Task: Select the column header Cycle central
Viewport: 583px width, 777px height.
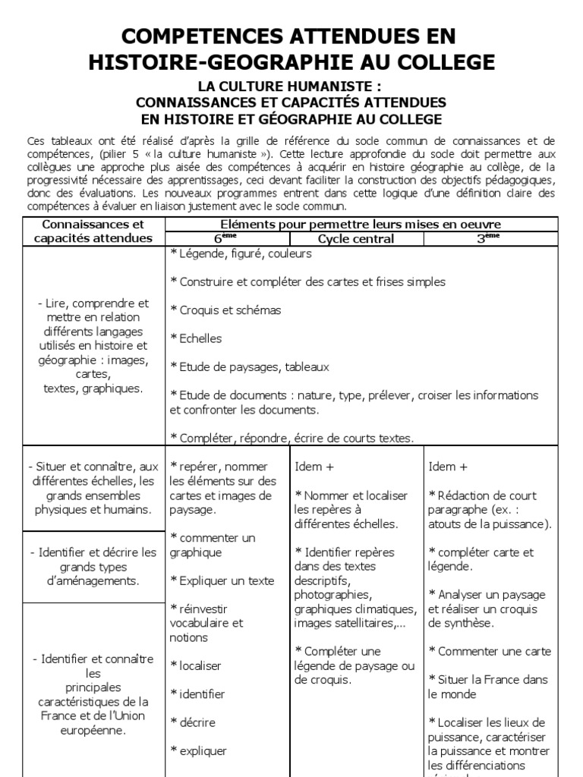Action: (x=356, y=238)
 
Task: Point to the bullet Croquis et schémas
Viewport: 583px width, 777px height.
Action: (x=225, y=310)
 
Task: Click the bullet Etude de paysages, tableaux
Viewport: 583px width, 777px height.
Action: (x=250, y=366)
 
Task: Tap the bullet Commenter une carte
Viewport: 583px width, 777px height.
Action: (x=490, y=651)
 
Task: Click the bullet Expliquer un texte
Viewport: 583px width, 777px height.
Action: (x=222, y=580)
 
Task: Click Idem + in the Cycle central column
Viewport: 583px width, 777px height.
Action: (x=308, y=466)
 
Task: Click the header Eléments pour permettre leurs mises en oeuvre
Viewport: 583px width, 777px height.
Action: (x=361, y=224)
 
